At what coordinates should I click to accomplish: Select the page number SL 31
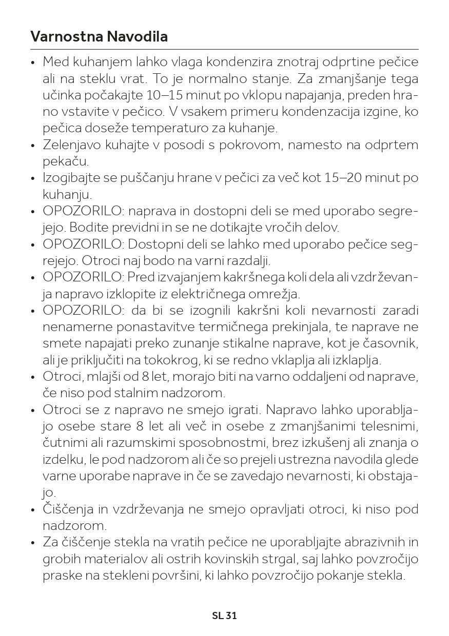[224, 616]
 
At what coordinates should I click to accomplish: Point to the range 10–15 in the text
[164, 95]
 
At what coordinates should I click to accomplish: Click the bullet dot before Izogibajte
[33, 179]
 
